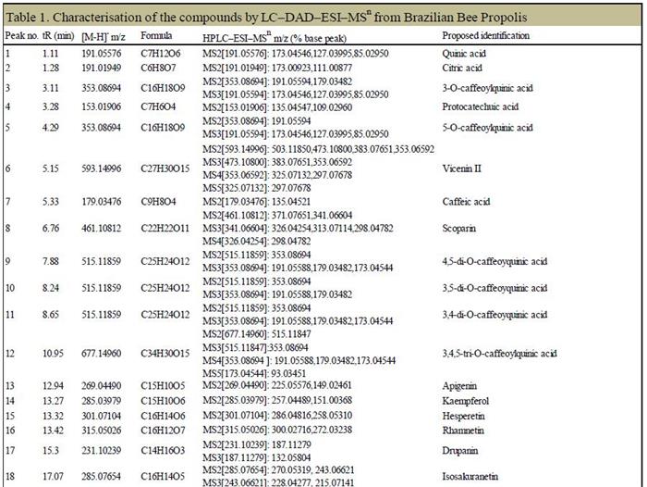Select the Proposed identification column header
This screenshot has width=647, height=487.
click(485, 35)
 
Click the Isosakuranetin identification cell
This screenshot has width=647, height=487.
click(471, 479)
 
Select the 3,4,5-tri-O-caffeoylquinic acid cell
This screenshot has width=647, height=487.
click(499, 353)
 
